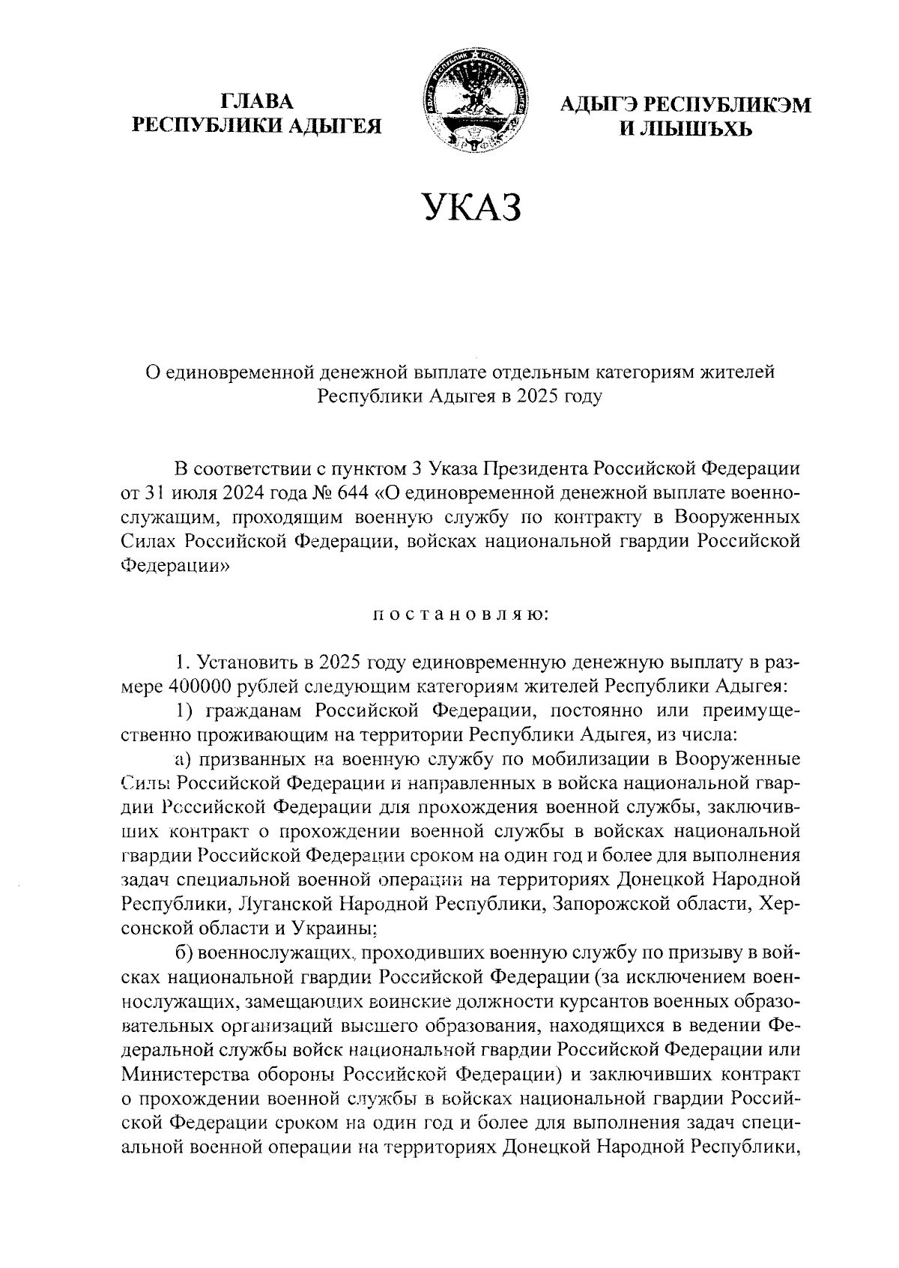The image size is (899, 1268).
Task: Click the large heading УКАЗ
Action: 470,208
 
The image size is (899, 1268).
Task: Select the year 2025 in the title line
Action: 533,396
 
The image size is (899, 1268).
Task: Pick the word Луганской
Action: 279,905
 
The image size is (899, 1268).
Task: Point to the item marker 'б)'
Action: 184,953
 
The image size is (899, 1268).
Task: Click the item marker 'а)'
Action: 184,758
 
